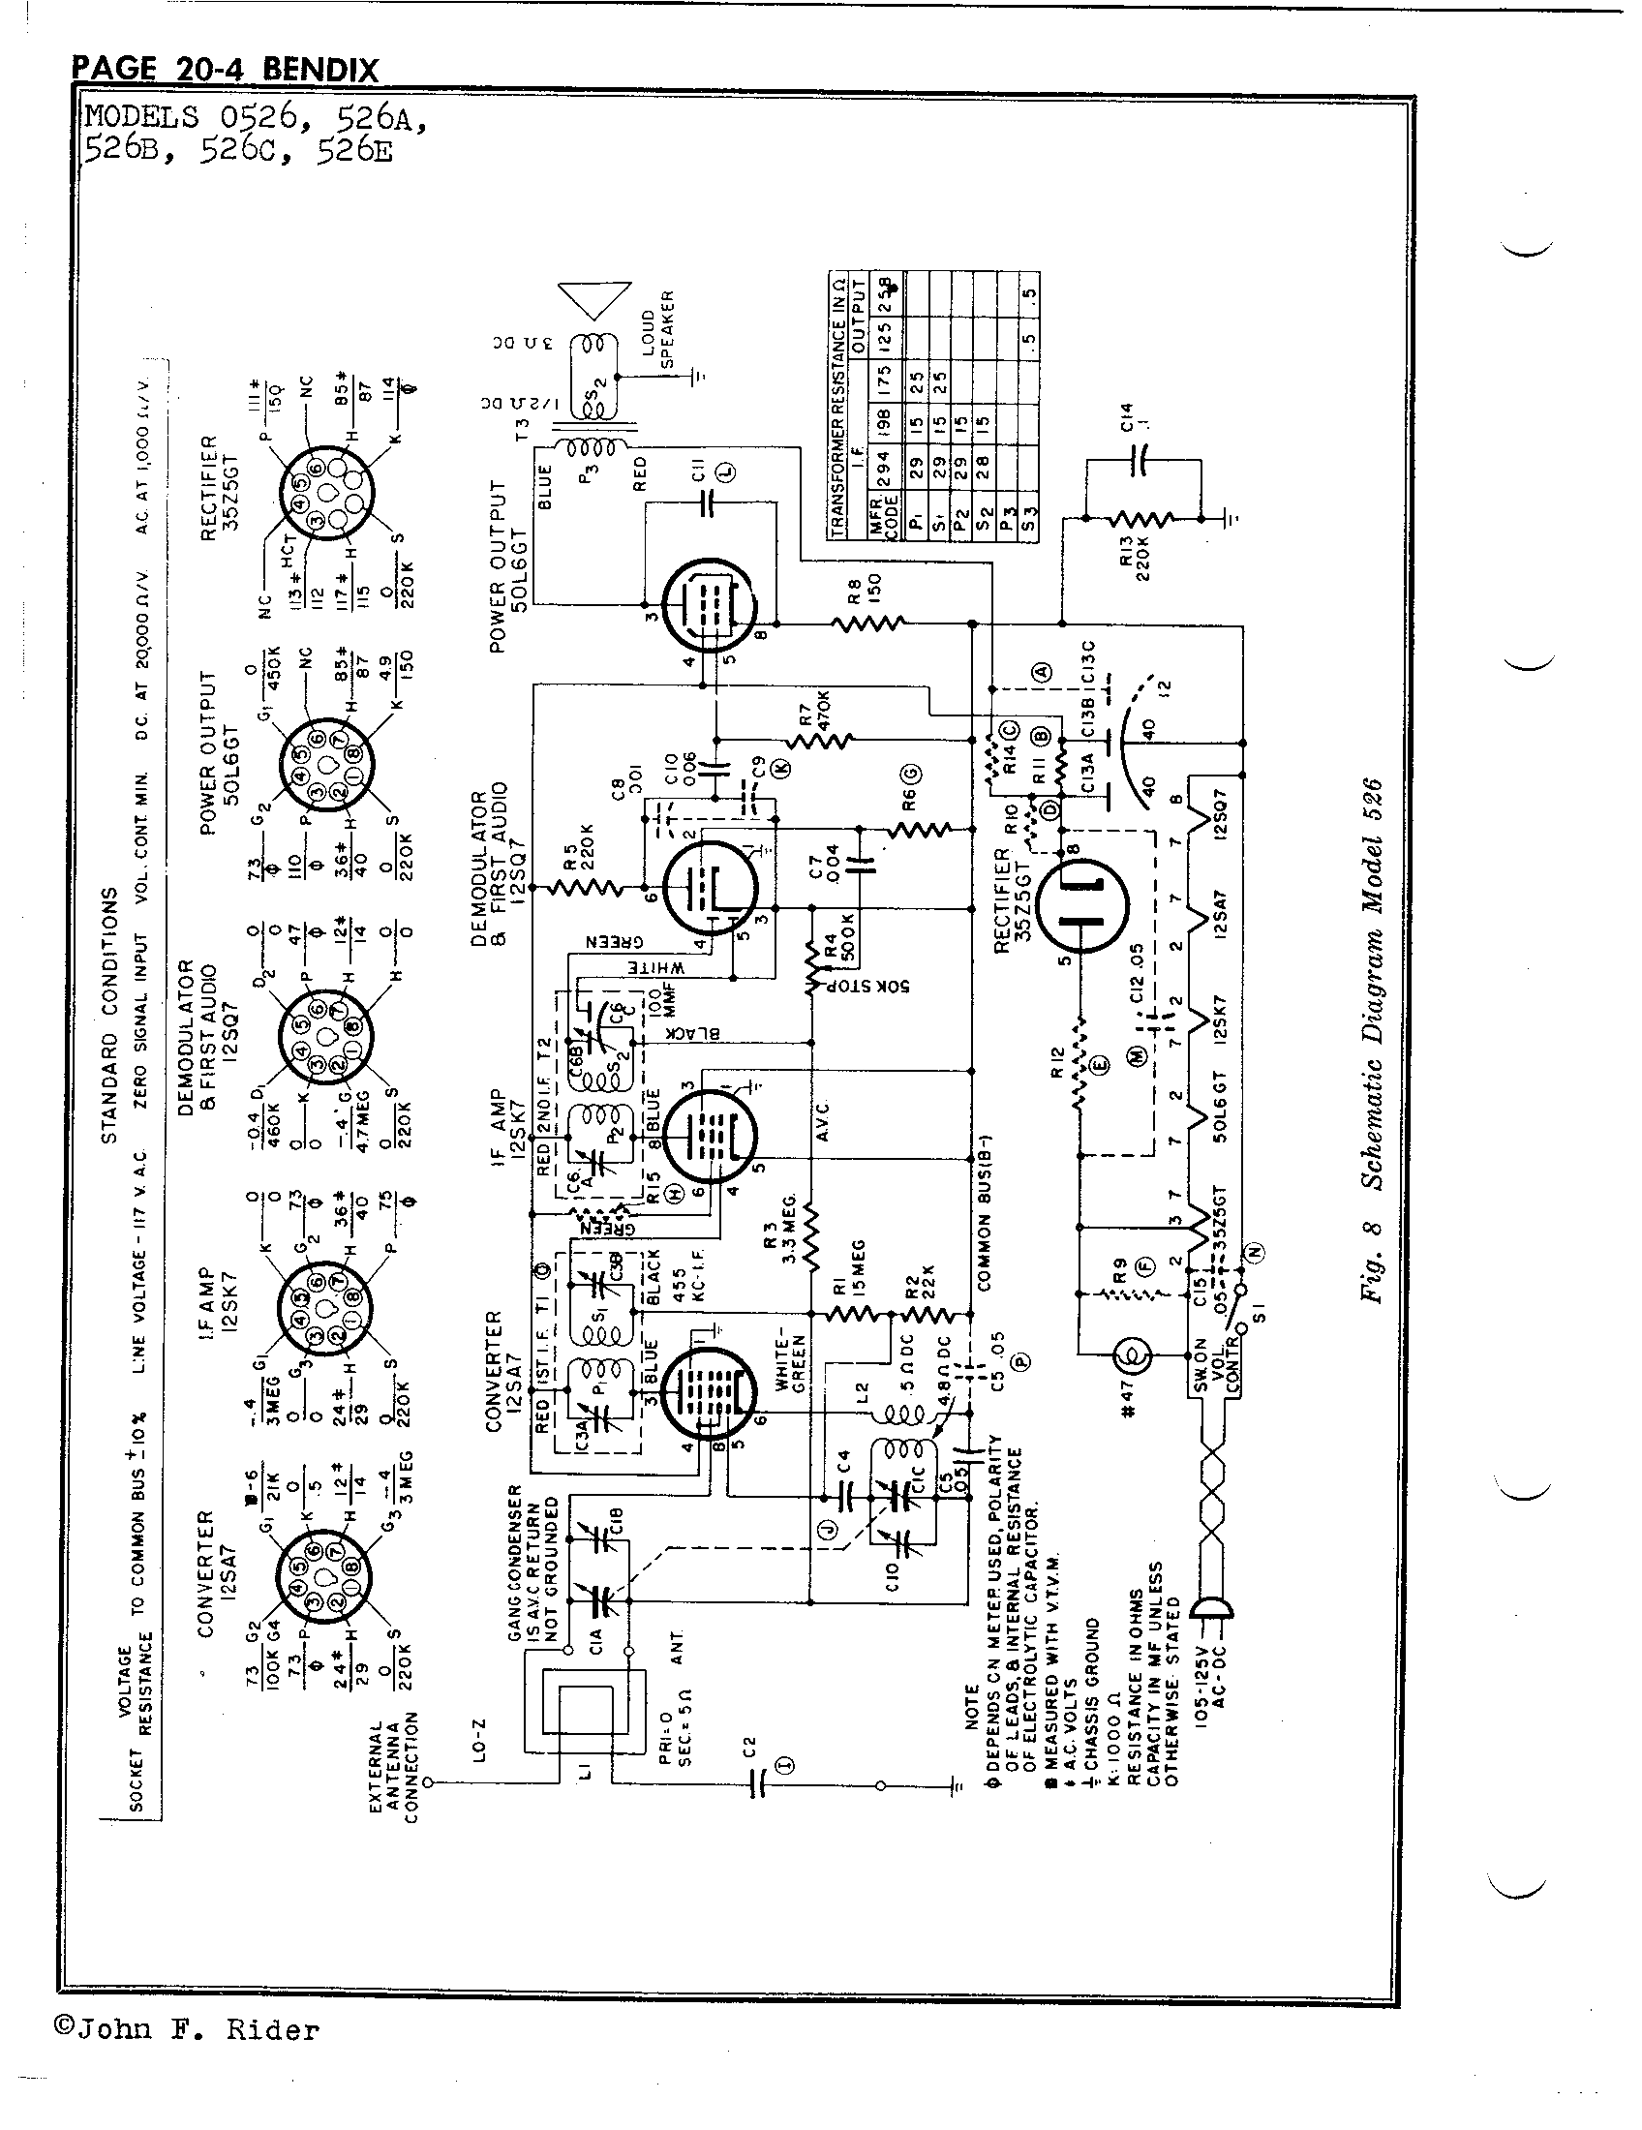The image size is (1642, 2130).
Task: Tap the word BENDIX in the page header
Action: (x=319, y=71)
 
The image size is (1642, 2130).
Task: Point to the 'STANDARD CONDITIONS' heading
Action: (x=108, y=1014)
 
